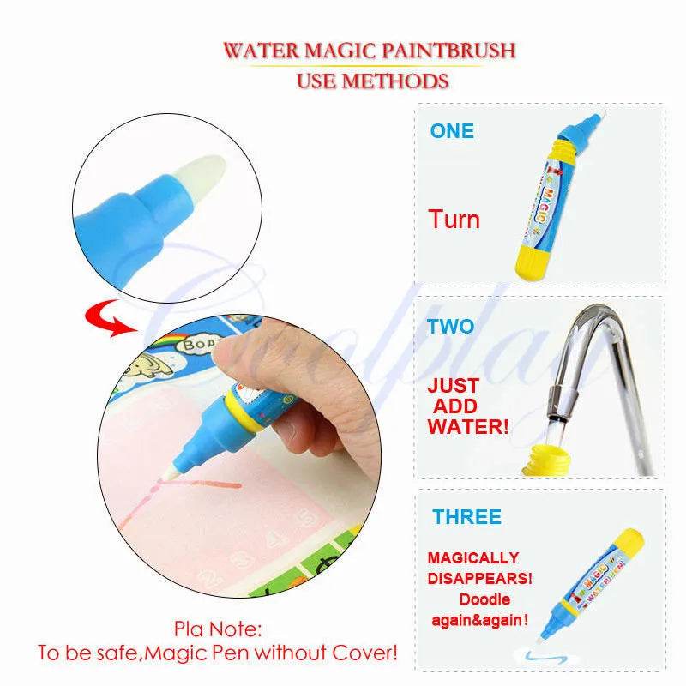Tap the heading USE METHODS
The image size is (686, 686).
(372, 81)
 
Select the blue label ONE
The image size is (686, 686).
(452, 131)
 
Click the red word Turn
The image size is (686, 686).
(454, 220)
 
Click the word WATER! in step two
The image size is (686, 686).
(467, 426)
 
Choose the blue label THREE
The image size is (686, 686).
(466, 517)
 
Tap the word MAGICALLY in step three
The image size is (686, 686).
(473, 558)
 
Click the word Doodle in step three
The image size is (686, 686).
(484, 599)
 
